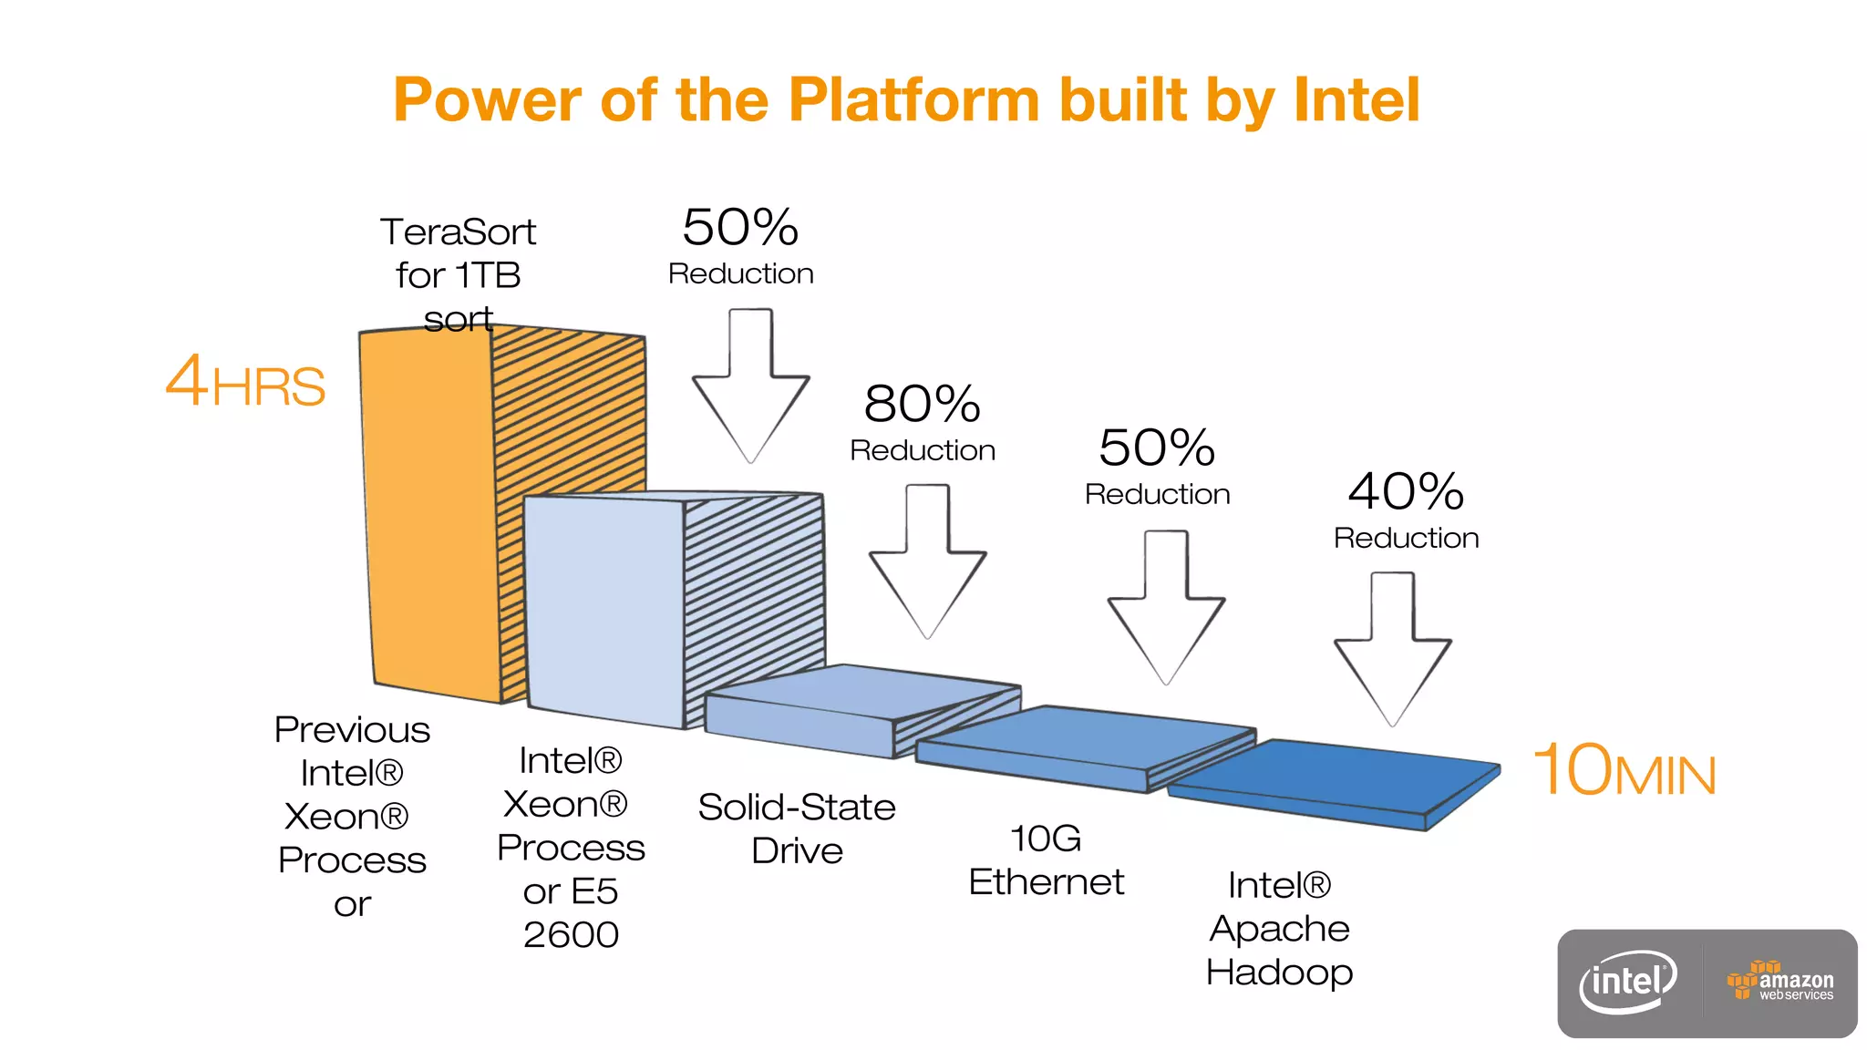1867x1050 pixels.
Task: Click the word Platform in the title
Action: pyautogui.click(x=913, y=99)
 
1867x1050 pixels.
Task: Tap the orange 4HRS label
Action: pyautogui.click(x=244, y=382)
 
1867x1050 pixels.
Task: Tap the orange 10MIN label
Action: pyautogui.click(x=1624, y=771)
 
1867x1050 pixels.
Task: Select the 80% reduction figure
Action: pyautogui.click(x=922, y=404)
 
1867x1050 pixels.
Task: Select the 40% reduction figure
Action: pyautogui.click(x=1406, y=492)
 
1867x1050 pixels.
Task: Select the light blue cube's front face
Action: pyautogui.click(x=604, y=611)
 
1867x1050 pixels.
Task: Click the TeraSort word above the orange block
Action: pyautogui.click(x=458, y=232)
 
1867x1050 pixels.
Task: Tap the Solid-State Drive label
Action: pyautogui.click(x=797, y=829)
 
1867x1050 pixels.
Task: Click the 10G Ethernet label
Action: pyautogui.click(x=1046, y=860)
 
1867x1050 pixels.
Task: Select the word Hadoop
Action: pyautogui.click(x=1279, y=973)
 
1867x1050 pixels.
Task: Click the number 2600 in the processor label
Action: pyautogui.click(x=571, y=935)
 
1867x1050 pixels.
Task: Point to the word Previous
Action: pyautogui.click(x=352, y=730)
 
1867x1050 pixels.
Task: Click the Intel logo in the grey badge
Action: pyautogui.click(x=1628, y=983)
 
